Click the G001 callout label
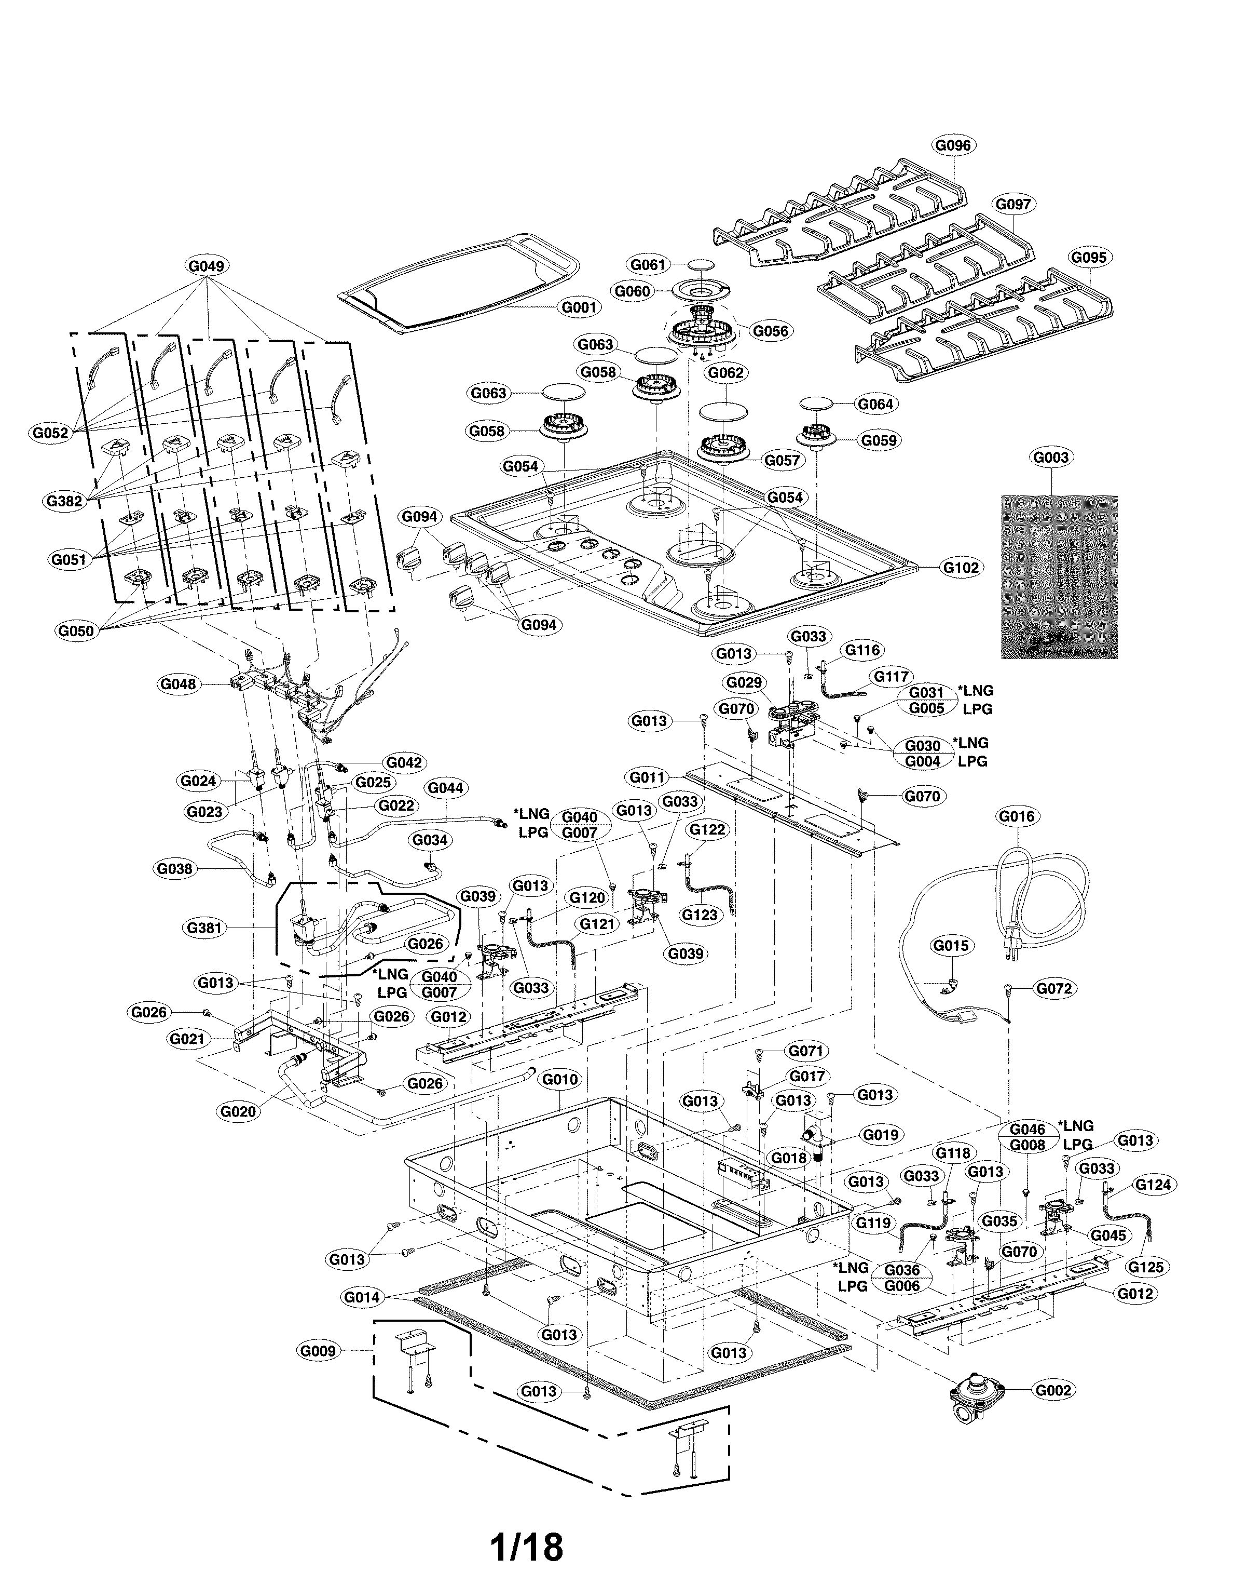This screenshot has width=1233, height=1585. pyautogui.click(x=579, y=307)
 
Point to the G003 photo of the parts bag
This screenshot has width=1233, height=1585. pyautogui.click(x=1059, y=577)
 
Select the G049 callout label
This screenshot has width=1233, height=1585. pyautogui.click(x=207, y=265)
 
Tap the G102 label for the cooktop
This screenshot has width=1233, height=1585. pyautogui.click(x=961, y=568)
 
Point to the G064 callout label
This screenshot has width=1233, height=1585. pyautogui.click(x=875, y=404)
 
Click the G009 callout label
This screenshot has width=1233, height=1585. pyautogui.click(x=318, y=1351)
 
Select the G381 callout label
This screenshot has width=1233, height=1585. pyautogui.click(x=204, y=928)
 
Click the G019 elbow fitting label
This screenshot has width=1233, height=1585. pyautogui.click(x=881, y=1134)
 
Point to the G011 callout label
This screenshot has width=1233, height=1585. pyautogui.click(x=647, y=777)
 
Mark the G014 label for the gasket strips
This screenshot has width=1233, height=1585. pyautogui.click(x=362, y=1297)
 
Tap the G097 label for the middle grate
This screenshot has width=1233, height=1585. pyautogui.click(x=1012, y=205)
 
